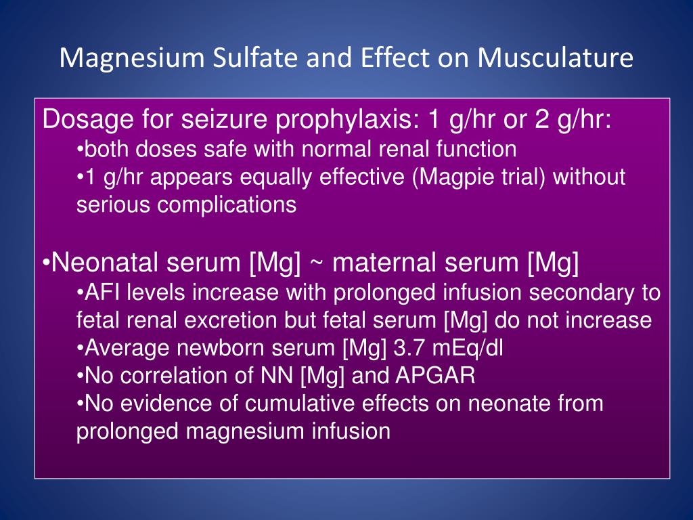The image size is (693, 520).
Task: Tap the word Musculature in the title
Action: (x=555, y=58)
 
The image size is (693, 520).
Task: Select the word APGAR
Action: (x=435, y=376)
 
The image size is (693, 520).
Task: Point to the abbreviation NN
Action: (x=277, y=376)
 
